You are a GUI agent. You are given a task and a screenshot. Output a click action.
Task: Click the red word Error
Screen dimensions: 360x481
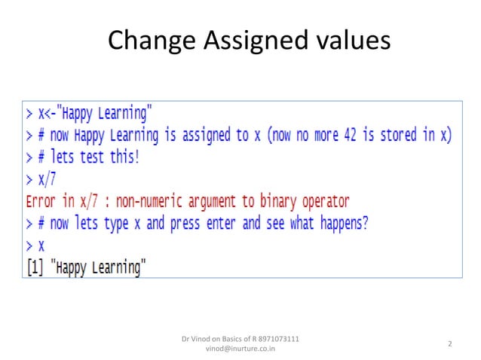(x=41, y=202)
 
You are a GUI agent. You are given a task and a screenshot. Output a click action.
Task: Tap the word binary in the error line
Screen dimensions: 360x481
(x=275, y=202)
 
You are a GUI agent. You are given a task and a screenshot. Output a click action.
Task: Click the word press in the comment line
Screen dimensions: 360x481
(x=191, y=224)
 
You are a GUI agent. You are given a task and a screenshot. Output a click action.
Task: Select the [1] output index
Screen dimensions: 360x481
(x=35, y=267)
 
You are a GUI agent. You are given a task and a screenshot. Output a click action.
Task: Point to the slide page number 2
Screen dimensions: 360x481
(x=449, y=344)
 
